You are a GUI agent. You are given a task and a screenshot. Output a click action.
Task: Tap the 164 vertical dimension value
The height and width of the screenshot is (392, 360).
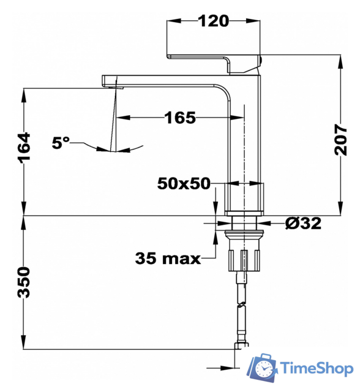click(x=23, y=148)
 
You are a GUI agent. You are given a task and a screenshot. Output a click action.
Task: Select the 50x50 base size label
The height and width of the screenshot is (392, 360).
click(x=184, y=183)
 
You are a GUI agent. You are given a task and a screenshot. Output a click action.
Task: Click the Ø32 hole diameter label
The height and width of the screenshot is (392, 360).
click(x=302, y=224)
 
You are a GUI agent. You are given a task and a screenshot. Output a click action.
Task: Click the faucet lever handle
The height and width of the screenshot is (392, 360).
click(x=214, y=58)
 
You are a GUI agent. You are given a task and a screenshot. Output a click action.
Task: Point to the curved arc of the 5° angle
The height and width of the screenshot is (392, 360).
click(x=122, y=149)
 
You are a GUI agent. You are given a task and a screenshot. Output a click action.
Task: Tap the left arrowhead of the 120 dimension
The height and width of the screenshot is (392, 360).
click(x=172, y=21)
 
